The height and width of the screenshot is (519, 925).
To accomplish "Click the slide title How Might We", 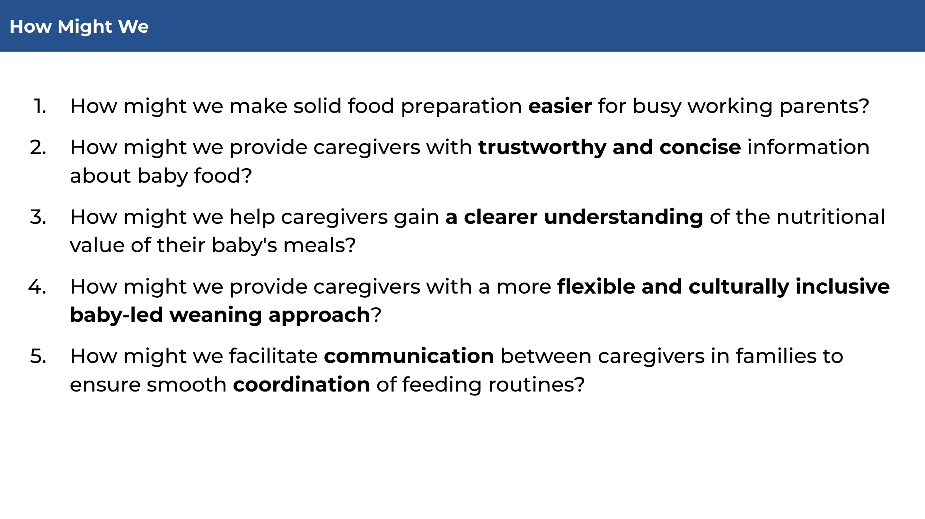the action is click(79, 26).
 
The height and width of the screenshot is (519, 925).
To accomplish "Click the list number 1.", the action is click(40, 106).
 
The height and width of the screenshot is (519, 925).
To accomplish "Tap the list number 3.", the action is click(38, 217).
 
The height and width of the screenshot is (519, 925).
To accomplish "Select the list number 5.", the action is click(38, 356).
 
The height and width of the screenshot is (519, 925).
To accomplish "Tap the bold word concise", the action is click(700, 147).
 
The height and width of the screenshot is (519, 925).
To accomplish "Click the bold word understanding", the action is click(623, 218).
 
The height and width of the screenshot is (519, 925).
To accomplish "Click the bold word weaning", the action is click(215, 316).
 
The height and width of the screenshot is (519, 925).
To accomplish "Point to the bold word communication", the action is click(409, 356).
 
